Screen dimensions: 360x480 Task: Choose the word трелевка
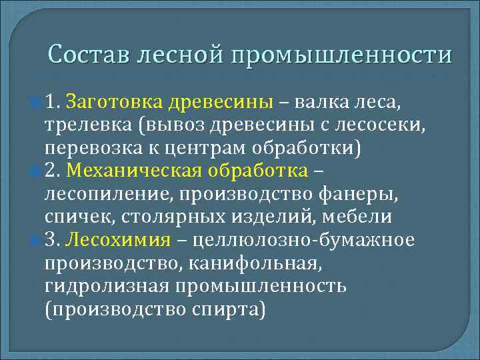(87, 125)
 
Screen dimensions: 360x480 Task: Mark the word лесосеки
(365, 125)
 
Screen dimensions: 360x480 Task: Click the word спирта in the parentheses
(230, 309)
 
